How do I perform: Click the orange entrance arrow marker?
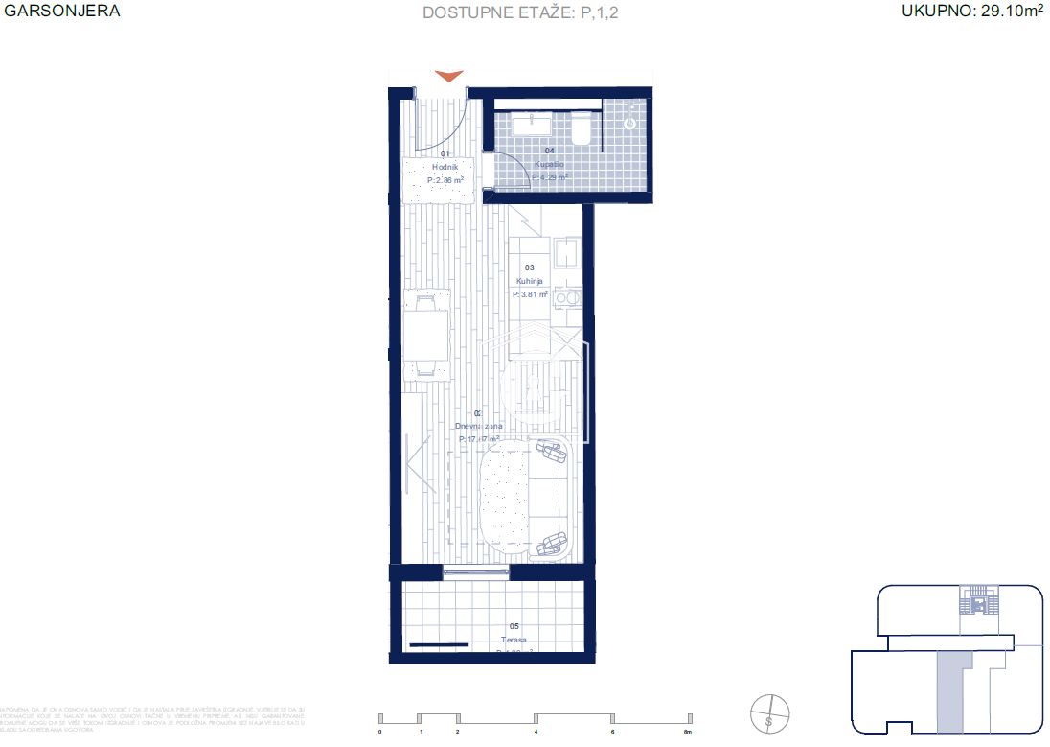(448, 77)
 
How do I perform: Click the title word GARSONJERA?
(62, 12)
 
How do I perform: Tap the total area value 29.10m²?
(971, 12)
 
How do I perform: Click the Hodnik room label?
(445, 166)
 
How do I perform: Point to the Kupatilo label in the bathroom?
(549, 164)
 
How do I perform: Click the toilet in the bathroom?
(581, 130)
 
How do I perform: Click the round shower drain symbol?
(631, 123)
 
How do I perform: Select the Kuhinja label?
(530, 281)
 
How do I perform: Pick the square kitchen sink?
(568, 254)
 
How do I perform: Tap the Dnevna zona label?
(479, 426)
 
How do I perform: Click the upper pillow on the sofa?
(551, 450)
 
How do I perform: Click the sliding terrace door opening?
(476, 572)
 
